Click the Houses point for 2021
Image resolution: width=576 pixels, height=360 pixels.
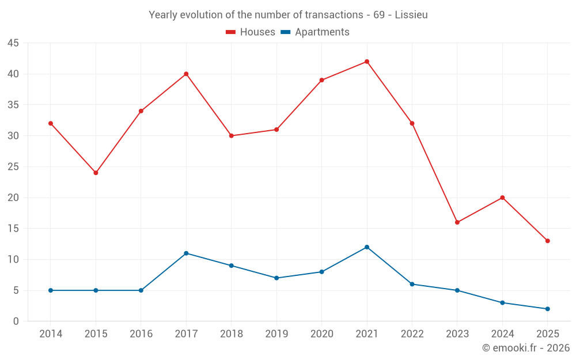[367, 62]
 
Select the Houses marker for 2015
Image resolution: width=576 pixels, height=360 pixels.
[96, 173]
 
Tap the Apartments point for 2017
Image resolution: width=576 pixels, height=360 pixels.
[186, 253]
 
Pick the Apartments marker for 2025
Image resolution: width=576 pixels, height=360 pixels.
[547, 309]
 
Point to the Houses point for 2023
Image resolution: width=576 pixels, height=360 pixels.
[457, 222]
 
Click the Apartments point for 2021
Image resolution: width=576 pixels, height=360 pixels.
[367, 247]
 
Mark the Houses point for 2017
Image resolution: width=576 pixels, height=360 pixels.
[186, 74]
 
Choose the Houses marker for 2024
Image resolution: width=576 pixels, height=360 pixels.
[502, 198]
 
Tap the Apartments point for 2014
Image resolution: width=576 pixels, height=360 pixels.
[51, 290]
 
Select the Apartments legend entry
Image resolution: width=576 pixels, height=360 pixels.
[321, 32]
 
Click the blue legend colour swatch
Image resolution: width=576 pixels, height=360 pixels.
[285, 32]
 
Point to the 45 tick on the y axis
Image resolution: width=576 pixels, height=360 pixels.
[13, 43]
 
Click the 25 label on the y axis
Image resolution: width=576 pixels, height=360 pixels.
[13, 167]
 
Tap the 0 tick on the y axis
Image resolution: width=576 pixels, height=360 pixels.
[16, 321]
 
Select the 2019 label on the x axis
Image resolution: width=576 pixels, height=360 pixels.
[276, 334]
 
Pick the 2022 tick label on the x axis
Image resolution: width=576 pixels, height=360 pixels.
[412, 334]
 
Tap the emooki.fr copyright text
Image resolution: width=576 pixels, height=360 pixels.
[525, 348]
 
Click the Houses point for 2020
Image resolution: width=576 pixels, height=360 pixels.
[321, 80]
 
